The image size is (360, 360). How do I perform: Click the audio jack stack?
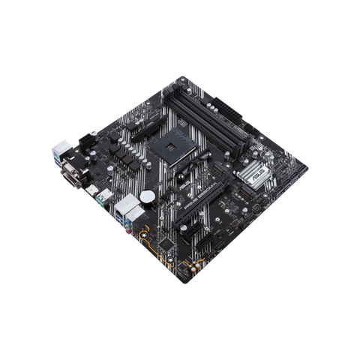[136, 217]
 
